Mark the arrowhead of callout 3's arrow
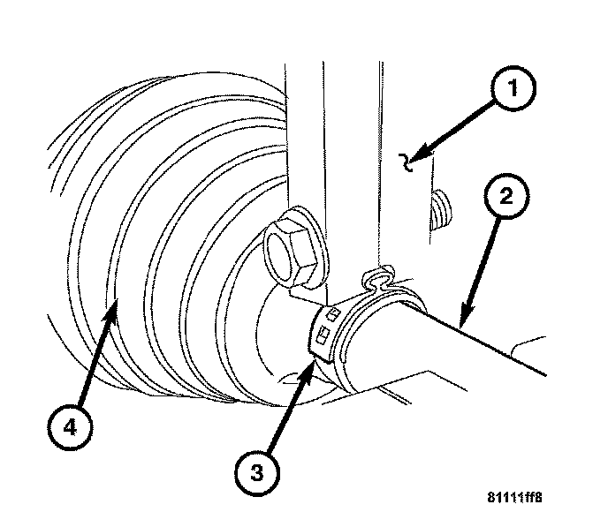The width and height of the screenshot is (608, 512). coord(312,362)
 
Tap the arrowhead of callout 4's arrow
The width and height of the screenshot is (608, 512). coord(115,303)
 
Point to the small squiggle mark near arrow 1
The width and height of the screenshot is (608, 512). coord(408,160)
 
